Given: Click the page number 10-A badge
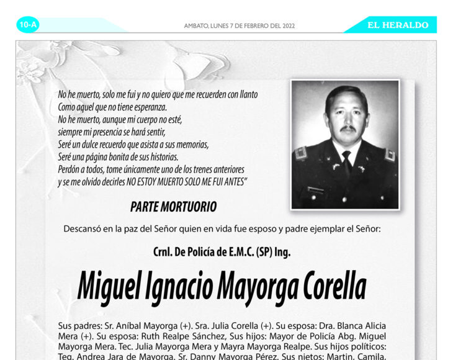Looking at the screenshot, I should (x=28, y=25).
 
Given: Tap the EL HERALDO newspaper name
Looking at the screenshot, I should (x=398, y=25).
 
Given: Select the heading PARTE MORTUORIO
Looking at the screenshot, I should (x=173, y=207).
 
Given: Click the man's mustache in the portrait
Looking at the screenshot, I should (x=348, y=129).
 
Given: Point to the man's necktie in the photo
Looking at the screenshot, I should (x=346, y=161).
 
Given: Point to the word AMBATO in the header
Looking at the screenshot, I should (x=197, y=26).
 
